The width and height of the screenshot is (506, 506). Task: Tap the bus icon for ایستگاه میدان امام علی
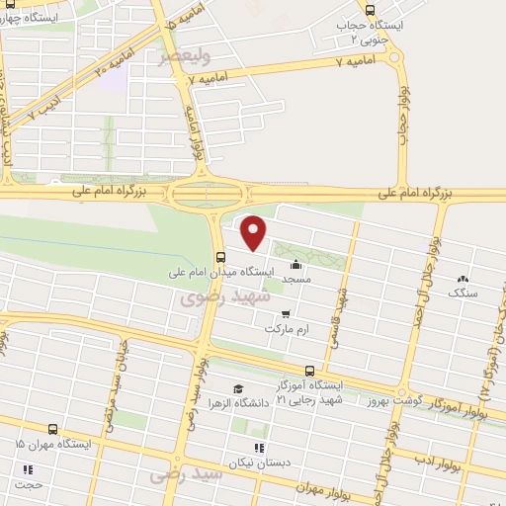219,255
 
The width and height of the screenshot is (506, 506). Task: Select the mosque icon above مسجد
295,265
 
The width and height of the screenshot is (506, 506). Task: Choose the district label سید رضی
178,476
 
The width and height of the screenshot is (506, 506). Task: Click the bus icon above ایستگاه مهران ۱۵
52,430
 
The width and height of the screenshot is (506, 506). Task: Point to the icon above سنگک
463,280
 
